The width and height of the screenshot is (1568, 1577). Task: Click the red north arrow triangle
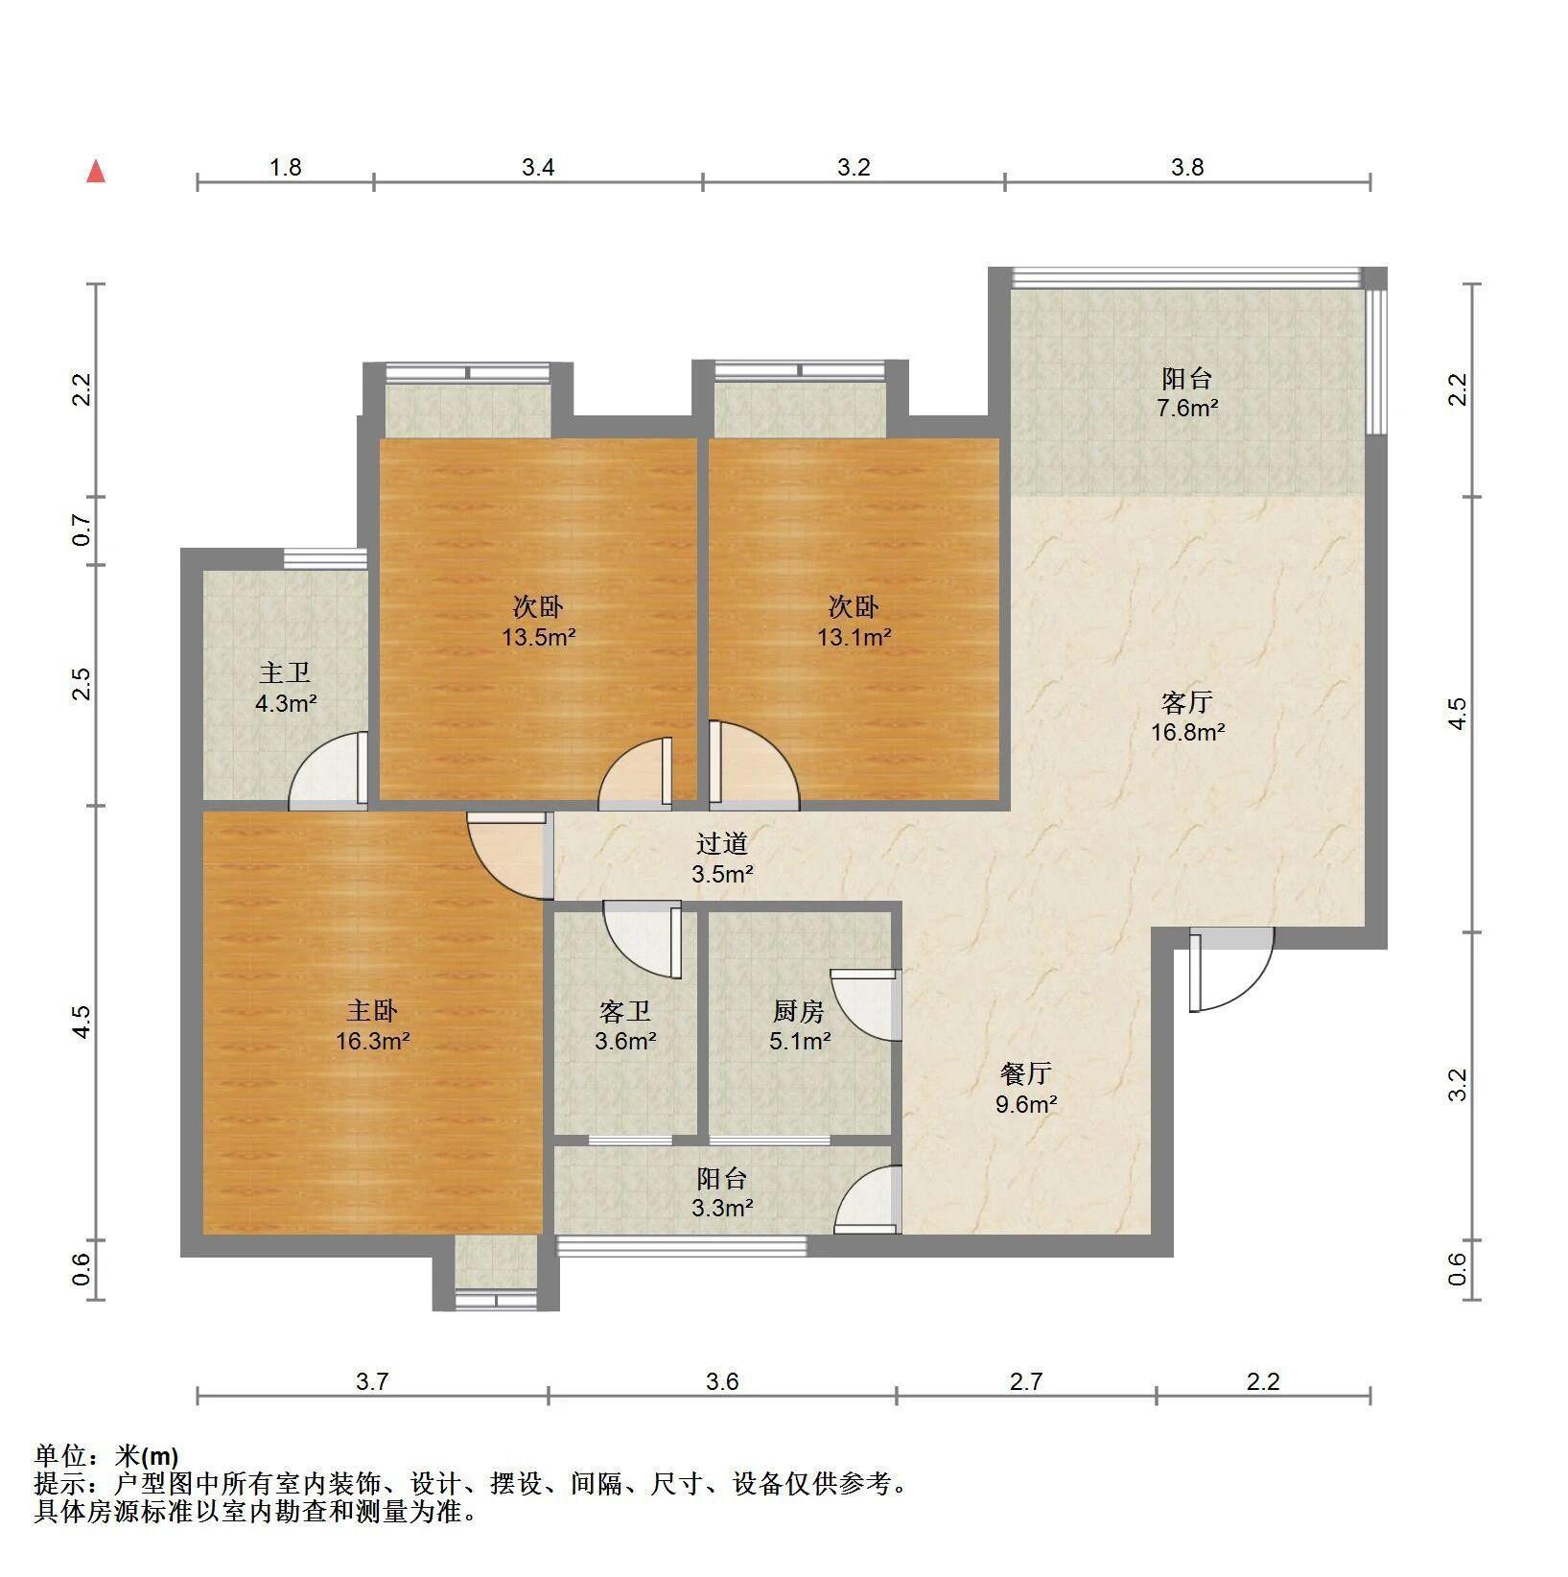(x=96, y=172)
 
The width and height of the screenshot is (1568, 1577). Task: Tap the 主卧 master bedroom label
(x=372, y=1011)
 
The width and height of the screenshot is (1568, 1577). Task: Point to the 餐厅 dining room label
(x=1026, y=1073)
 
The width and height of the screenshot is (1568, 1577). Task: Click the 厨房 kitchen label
(x=799, y=1011)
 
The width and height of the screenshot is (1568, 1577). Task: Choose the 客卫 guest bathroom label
(x=625, y=1011)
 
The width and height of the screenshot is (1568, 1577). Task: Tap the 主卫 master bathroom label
(x=285, y=673)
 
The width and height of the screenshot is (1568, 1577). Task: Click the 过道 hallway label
(x=721, y=844)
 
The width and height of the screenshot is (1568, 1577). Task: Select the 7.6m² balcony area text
(x=1187, y=408)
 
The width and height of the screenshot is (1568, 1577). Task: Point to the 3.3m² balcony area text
(x=722, y=1209)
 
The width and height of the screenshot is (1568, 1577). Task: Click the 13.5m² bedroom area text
(x=539, y=637)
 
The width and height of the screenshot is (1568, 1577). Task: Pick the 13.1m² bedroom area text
(x=854, y=637)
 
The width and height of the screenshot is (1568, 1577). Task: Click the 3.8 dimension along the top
(x=1187, y=168)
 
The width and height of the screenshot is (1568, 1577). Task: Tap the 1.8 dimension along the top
(x=286, y=168)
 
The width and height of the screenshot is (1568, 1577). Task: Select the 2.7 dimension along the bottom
(x=1026, y=1382)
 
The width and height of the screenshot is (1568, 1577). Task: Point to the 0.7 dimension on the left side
(x=82, y=530)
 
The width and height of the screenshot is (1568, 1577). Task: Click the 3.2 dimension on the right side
(x=1458, y=1085)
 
